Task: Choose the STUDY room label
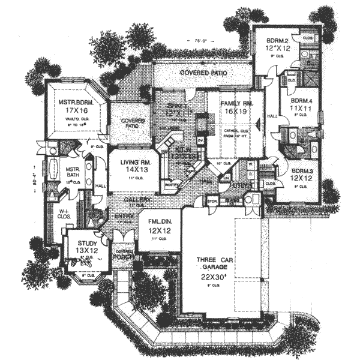(88, 243)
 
